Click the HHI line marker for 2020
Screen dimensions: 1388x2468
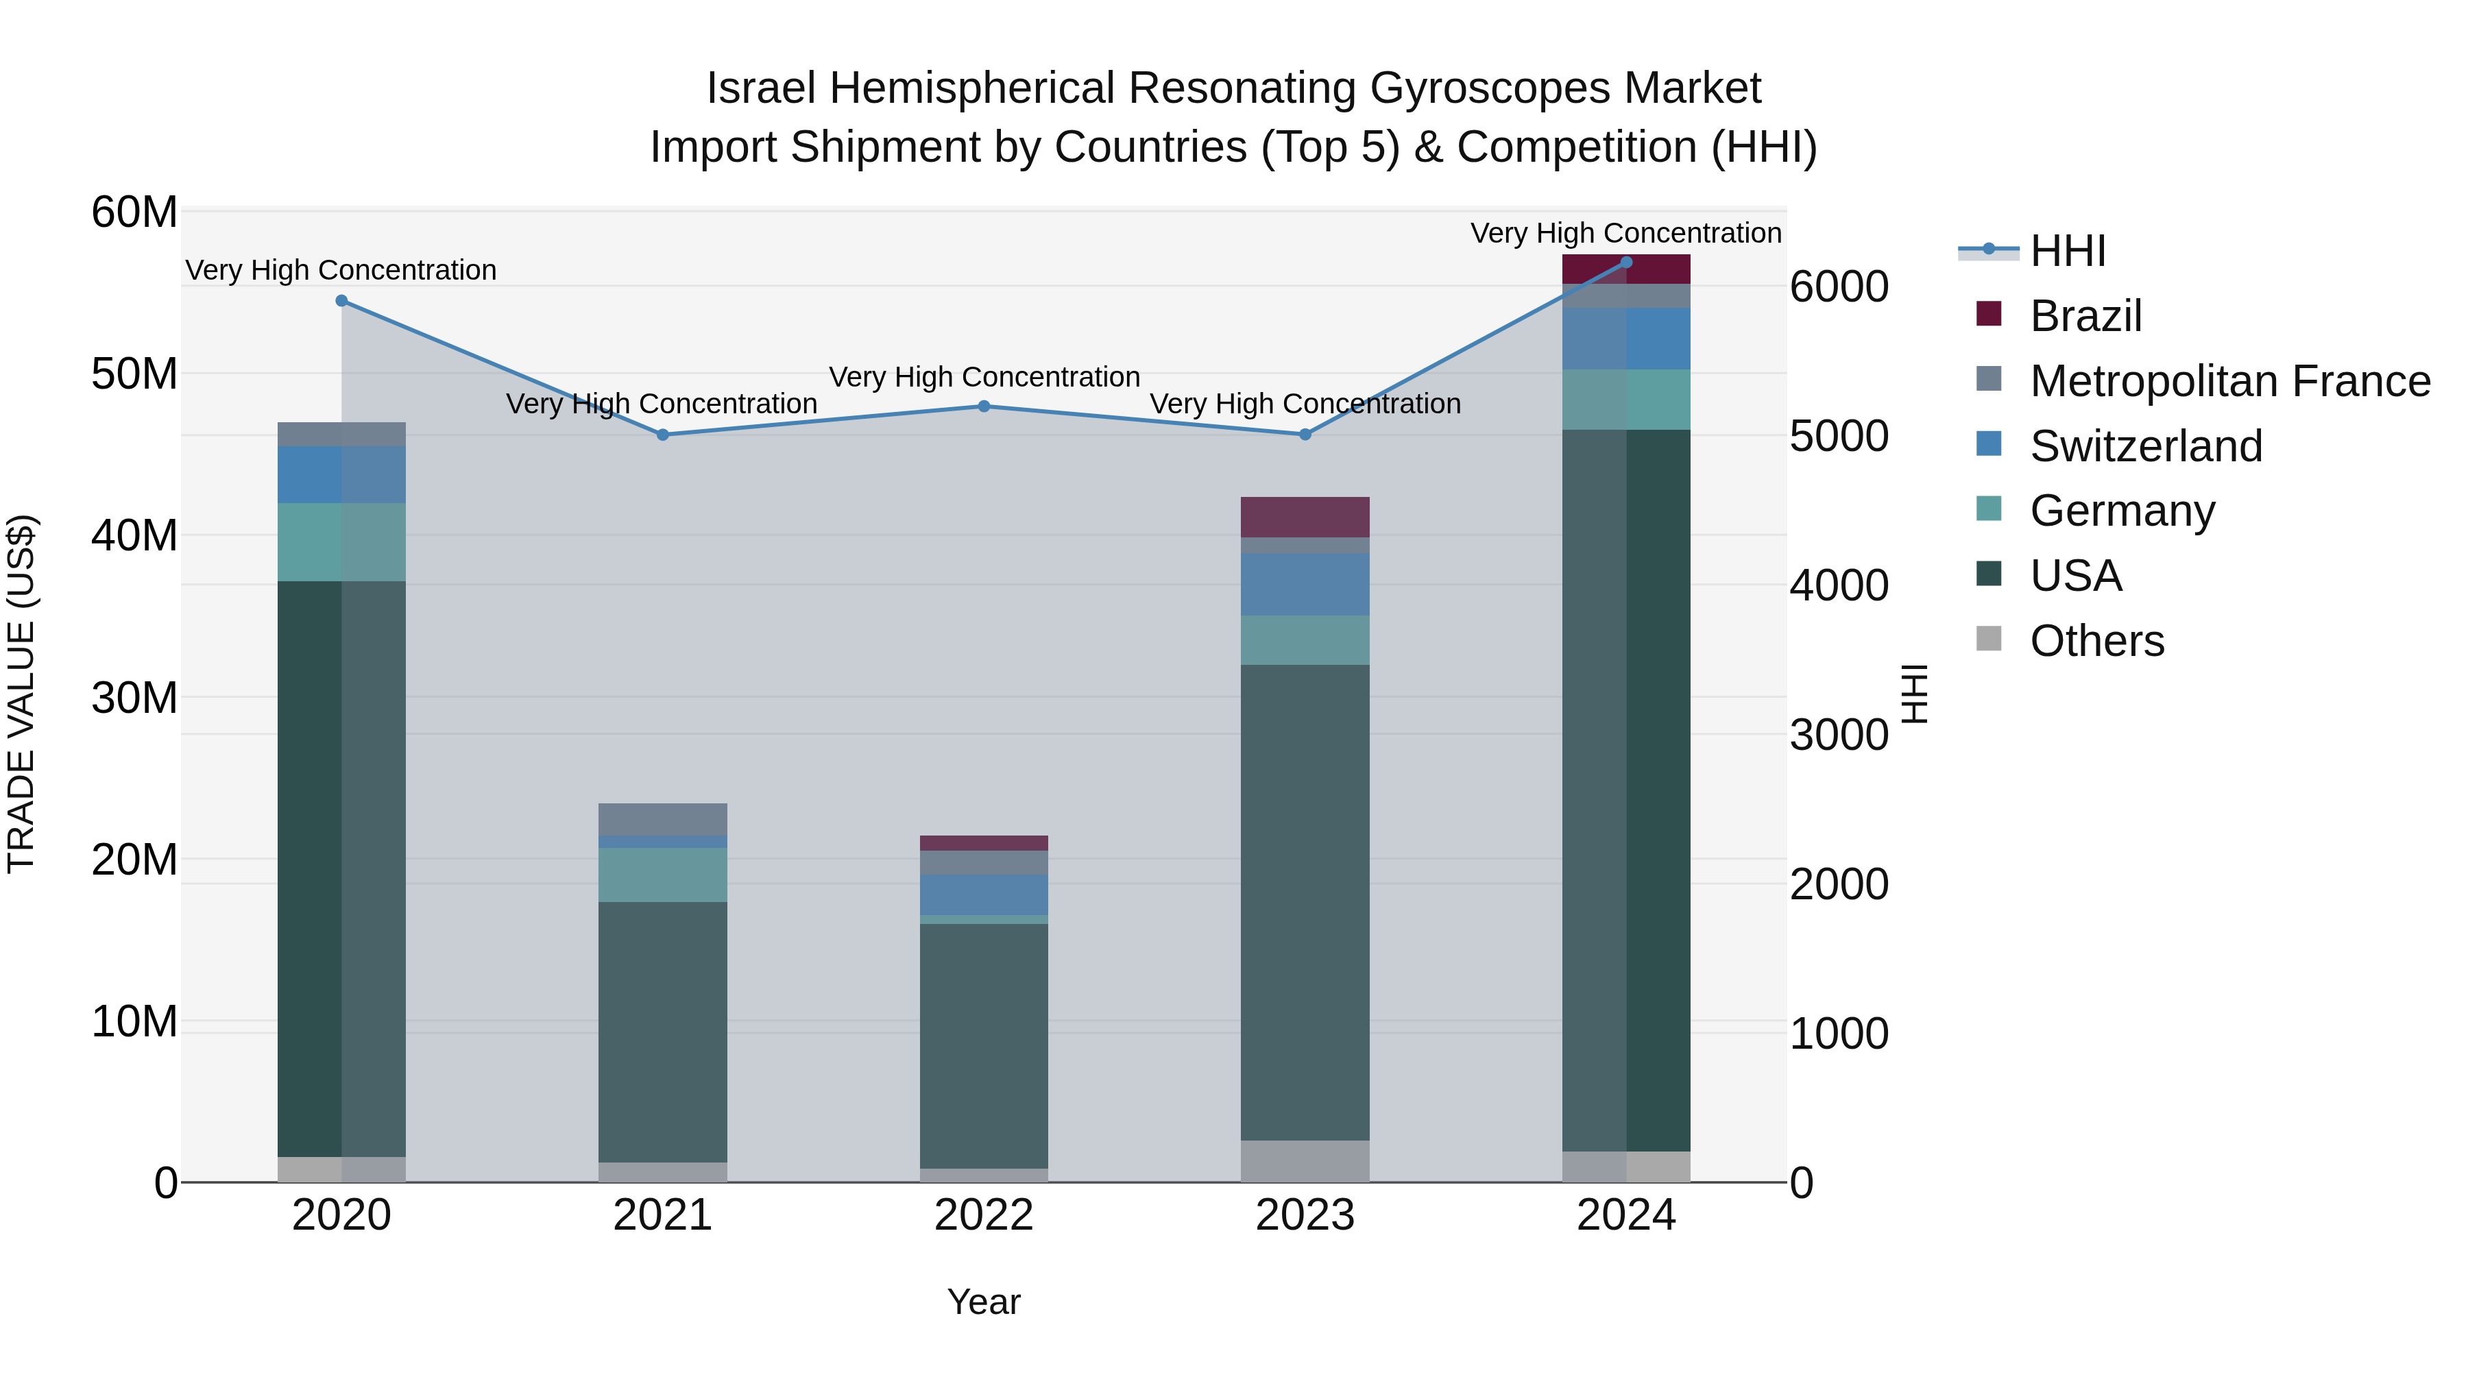pos(341,301)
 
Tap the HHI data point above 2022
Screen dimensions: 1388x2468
pos(983,406)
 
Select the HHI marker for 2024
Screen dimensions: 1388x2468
pos(1626,263)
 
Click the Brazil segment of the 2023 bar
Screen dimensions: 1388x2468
pos(1305,518)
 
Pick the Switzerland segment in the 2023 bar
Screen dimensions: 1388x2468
pos(1305,584)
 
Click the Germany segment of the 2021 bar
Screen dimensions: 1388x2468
pos(662,875)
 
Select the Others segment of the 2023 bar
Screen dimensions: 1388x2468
pos(1305,1161)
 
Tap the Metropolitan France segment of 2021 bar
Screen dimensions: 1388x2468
pos(662,819)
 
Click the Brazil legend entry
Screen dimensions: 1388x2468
pos(2085,316)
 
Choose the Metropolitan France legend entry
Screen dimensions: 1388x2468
pos(2229,381)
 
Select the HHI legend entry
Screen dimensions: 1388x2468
pos(2068,251)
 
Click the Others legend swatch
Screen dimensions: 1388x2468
pos(1989,639)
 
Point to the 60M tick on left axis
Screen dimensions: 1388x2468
pos(134,212)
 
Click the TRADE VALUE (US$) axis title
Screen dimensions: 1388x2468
pos(21,694)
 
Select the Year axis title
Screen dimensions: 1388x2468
pos(983,1302)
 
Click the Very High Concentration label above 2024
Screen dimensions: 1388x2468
pos(1626,233)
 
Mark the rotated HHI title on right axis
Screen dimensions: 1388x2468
pos(1914,694)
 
